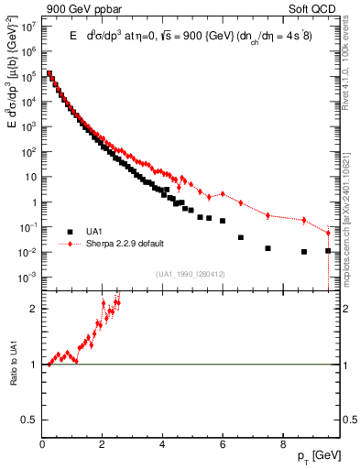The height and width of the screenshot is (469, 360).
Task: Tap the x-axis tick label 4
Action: pyautogui.click(x=162, y=442)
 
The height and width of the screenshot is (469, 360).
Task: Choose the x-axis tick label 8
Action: pyautogui.click(x=282, y=442)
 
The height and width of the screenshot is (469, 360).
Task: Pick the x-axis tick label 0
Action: pyautogui.click(x=43, y=442)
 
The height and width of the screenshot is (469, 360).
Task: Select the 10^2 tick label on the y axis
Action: pyautogui.click(x=29, y=152)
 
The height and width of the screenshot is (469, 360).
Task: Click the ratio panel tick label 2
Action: pyautogui.click(x=34, y=309)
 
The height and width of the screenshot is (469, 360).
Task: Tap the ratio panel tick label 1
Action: pyautogui.click(x=34, y=365)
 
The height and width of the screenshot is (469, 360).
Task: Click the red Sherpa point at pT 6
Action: pyautogui.click(x=223, y=194)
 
